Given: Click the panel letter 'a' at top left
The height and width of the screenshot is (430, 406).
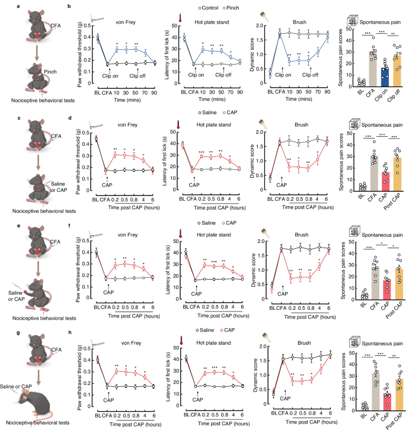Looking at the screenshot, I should (4, 7).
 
